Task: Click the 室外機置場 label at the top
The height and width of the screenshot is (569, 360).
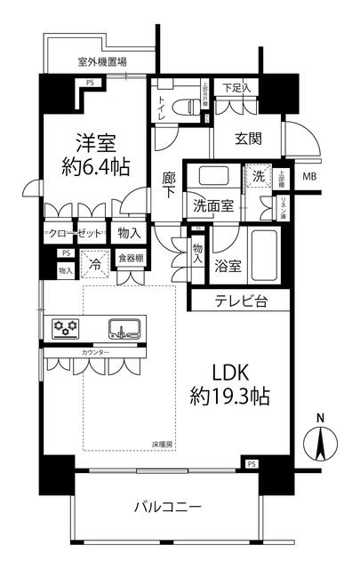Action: coord(101,62)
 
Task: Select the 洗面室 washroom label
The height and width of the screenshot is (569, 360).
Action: coord(215,205)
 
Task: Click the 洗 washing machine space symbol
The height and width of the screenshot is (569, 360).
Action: coord(260,177)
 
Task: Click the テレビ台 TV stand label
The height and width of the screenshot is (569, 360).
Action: coord(238,301)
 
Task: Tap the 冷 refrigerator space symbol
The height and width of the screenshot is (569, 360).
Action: coord(93,264)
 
